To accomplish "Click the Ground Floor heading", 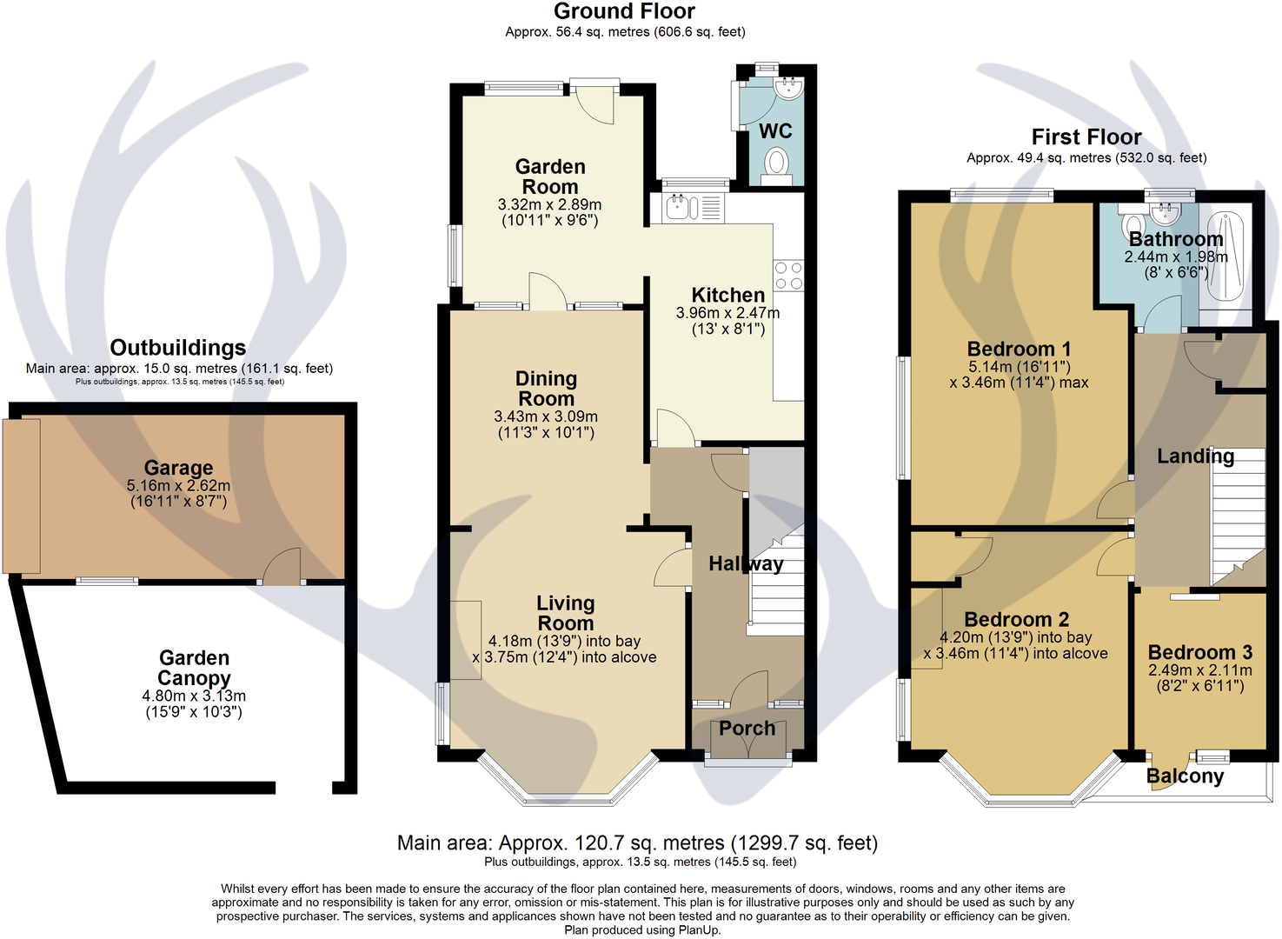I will coord(624,12).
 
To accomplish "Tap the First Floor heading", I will coord(1086,137).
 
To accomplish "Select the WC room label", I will coord(775,131).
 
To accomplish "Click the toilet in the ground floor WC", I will coord(776,163).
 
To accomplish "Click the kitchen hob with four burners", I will coord(788,276).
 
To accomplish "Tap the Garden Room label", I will coord(550,176).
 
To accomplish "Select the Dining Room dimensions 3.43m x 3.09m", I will coord(546,417).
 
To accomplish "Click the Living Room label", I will coord(565,613).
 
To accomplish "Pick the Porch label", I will coord(747,729).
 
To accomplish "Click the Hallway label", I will coord(746,564).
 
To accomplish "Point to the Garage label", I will coord(178,469).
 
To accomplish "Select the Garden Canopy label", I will coord(194,668).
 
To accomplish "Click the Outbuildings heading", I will coord(178,348).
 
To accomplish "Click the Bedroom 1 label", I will coord(1019,350).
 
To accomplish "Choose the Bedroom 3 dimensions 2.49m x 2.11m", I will coord(1199,670).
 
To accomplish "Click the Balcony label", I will coord(1185,776).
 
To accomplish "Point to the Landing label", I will coord(1195,456).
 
